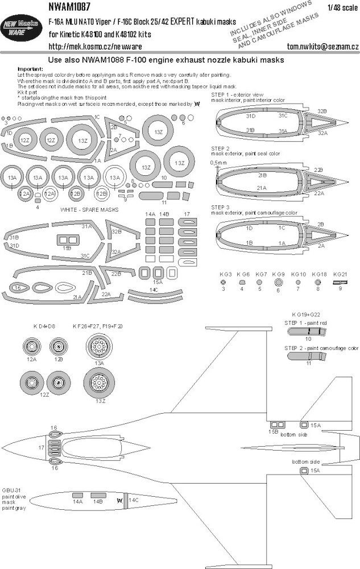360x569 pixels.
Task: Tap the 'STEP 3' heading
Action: click(220, 207)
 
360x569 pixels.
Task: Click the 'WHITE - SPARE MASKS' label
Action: click(86, 209)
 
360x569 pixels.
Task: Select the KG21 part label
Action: click(340, 274)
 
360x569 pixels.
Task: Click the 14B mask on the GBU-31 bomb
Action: click(98, 496)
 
